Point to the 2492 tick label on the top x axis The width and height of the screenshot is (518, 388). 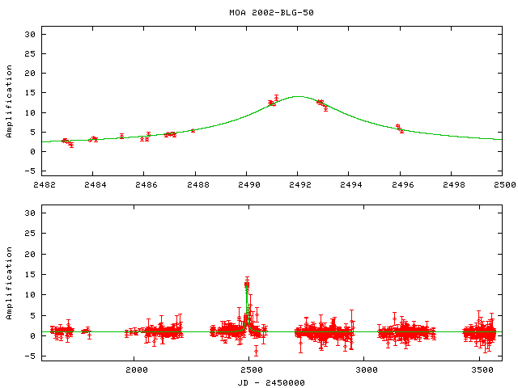299,184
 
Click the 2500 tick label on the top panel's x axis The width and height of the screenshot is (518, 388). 504,184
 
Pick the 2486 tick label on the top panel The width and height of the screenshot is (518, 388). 145,184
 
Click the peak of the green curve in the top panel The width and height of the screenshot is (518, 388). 298,96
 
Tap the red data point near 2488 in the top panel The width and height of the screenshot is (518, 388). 193,130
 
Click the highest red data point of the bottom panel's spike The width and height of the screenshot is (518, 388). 246,284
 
